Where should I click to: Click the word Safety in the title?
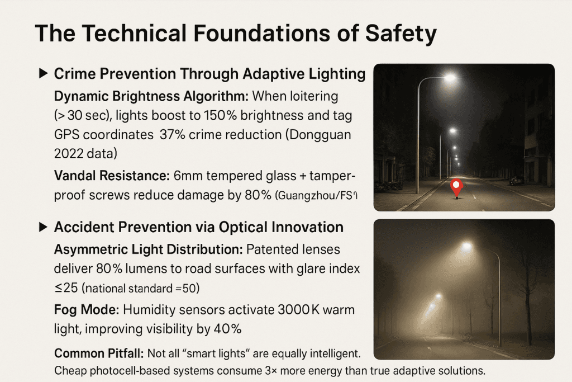click(401, 34)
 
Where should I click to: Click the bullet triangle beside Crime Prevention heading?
click(44, 73)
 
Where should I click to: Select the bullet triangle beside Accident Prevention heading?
click(44, 227)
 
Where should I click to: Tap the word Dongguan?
click(320, 135)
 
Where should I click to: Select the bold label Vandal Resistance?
click(112, 176)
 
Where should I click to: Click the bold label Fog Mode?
click(87, 310)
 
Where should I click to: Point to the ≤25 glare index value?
click(66, 288)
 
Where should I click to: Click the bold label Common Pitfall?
click(99, 353)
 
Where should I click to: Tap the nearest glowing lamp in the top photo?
click(450, 77)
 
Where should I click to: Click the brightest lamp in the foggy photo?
click(466, 247)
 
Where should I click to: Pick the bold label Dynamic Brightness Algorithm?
click(151, 96)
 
